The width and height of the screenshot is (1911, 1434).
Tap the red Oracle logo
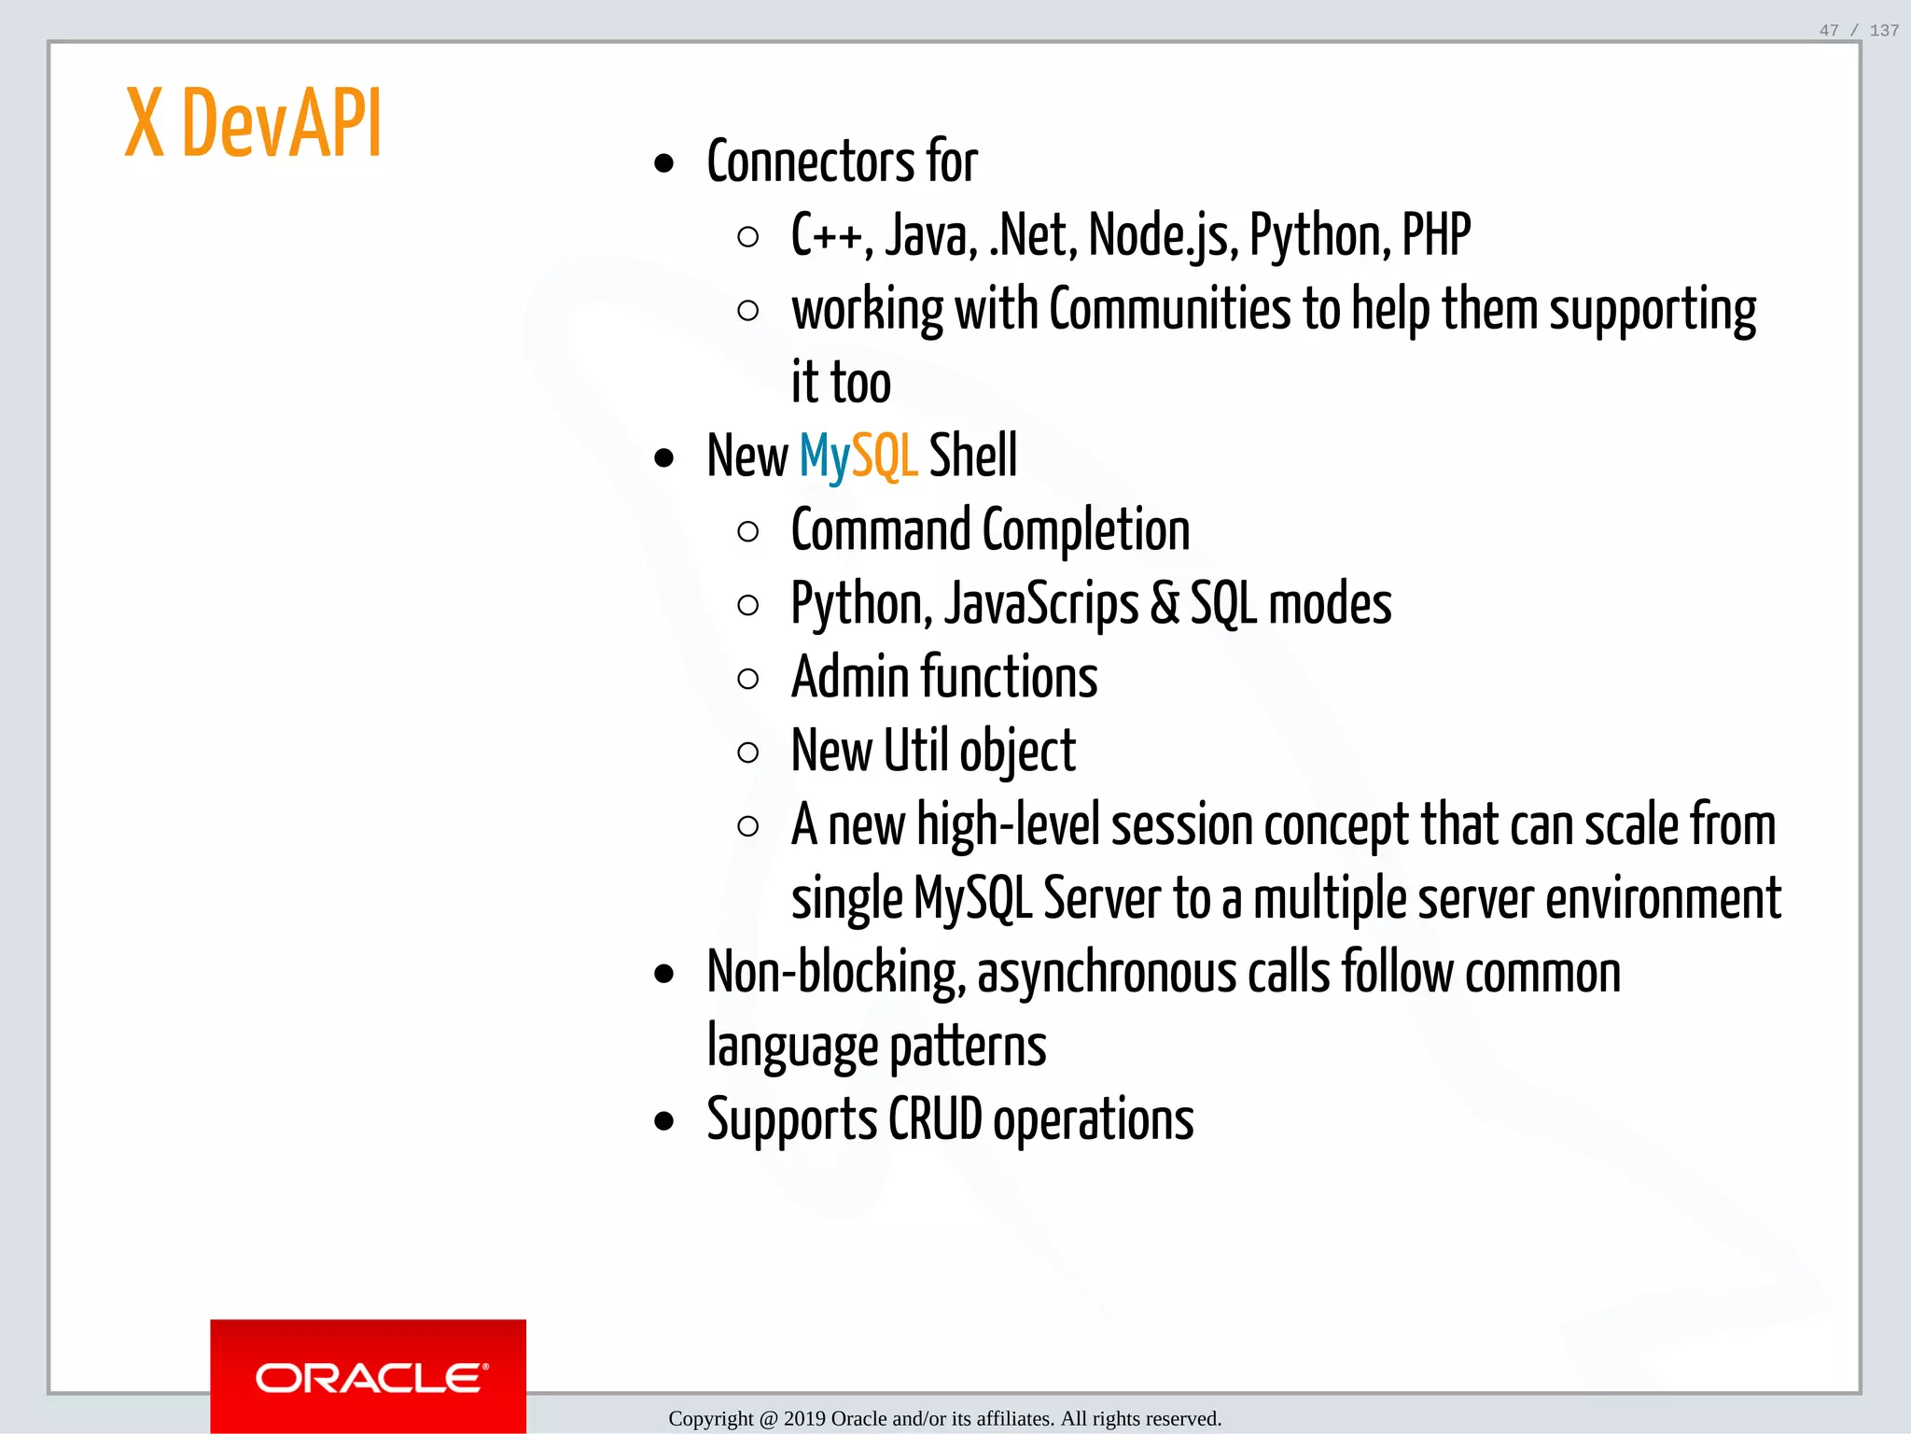(x=368, y=1376)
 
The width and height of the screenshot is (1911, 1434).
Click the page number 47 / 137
(x=1858, y=31)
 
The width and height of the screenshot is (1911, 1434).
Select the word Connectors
(x=810, y=162)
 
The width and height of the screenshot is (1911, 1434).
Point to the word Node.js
(x=1163, y=235)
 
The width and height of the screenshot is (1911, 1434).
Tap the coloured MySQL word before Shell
(x=858, y=457)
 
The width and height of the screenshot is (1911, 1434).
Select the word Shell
(x=972, y=457)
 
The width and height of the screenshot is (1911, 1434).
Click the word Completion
(x=1086, y=530)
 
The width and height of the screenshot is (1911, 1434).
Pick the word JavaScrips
(x=1041, y=604)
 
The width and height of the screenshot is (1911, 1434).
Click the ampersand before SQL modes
(x=1165, y=604)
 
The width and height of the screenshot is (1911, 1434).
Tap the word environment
(x=1663, y=898)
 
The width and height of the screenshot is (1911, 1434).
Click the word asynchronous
(x=1107, y=973)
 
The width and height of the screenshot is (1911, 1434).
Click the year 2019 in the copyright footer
(x=804, y=1419)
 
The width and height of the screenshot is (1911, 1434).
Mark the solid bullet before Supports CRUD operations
(x=664, y=1120)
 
